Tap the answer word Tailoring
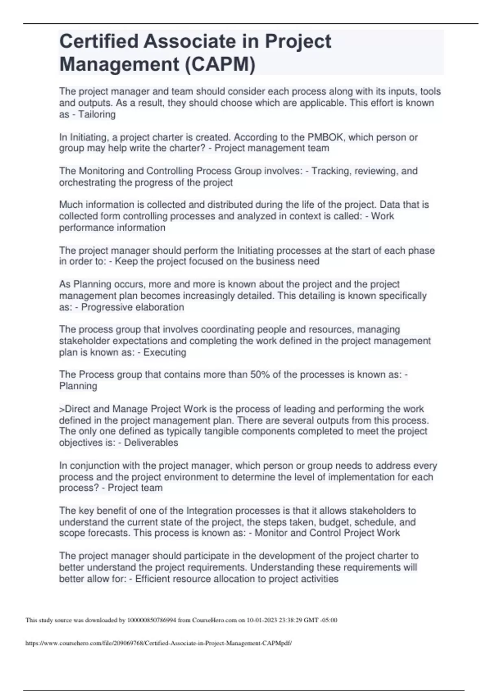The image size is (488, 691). pos(97,115)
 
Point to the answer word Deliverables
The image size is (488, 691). pos(151,443)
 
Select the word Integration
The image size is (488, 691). pos(209,511)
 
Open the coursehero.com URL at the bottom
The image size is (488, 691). pos(159,643)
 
